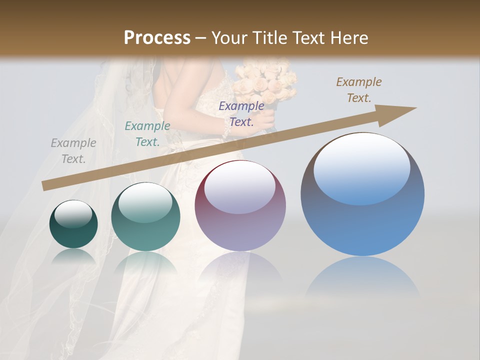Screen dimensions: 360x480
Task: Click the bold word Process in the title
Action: pyautogui.click(x=157, y=38)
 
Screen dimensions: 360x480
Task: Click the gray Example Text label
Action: pyautogui.click(x=73, y=151)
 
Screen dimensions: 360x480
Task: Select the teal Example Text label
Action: pyautogui.click(x=147, y=134)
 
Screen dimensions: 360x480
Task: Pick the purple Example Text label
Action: pyautogui.click(x=241, y=113)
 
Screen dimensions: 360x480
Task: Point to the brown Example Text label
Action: pyautogui.click(x=358, y=90)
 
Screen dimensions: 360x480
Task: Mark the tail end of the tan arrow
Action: pyautogui.click(x=45, y=185)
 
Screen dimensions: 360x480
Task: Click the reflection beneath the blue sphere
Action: pyautogui.click(x=362, y=277)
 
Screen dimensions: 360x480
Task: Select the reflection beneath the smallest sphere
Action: pyautogui.click(x=73, y=256)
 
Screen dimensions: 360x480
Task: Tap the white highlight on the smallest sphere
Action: pyautogui.click(x=73, y=214)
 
